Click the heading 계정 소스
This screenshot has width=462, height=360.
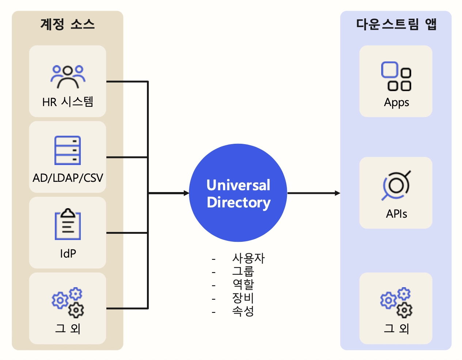tap(68, 25)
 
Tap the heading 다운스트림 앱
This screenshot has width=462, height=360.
tap(396, 25)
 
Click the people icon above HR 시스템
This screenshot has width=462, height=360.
tap(68, 76)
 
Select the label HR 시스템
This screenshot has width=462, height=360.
tap(68, 102)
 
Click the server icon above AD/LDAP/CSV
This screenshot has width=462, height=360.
tap(68, 150)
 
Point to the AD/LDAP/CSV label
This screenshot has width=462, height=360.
tap(68, 178)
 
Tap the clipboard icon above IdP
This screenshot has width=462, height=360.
tap(68, 224)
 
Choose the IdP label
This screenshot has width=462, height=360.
tap(68, 253)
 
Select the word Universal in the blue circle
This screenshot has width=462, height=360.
tap(238, 185)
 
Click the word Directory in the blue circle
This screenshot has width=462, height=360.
tap(239, 202)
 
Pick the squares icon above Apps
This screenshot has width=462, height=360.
tap(396, 76)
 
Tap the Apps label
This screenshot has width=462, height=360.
tap(396, 102)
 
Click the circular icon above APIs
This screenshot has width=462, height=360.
tap(396, 185)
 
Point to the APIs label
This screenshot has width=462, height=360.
tap(396, 214)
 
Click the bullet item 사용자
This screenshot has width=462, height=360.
tap(248, 258)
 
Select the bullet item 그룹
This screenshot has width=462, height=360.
tap(243, 271)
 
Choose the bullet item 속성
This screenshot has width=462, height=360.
tap(243, 311)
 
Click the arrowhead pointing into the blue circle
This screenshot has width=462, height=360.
tap(186, 193)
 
